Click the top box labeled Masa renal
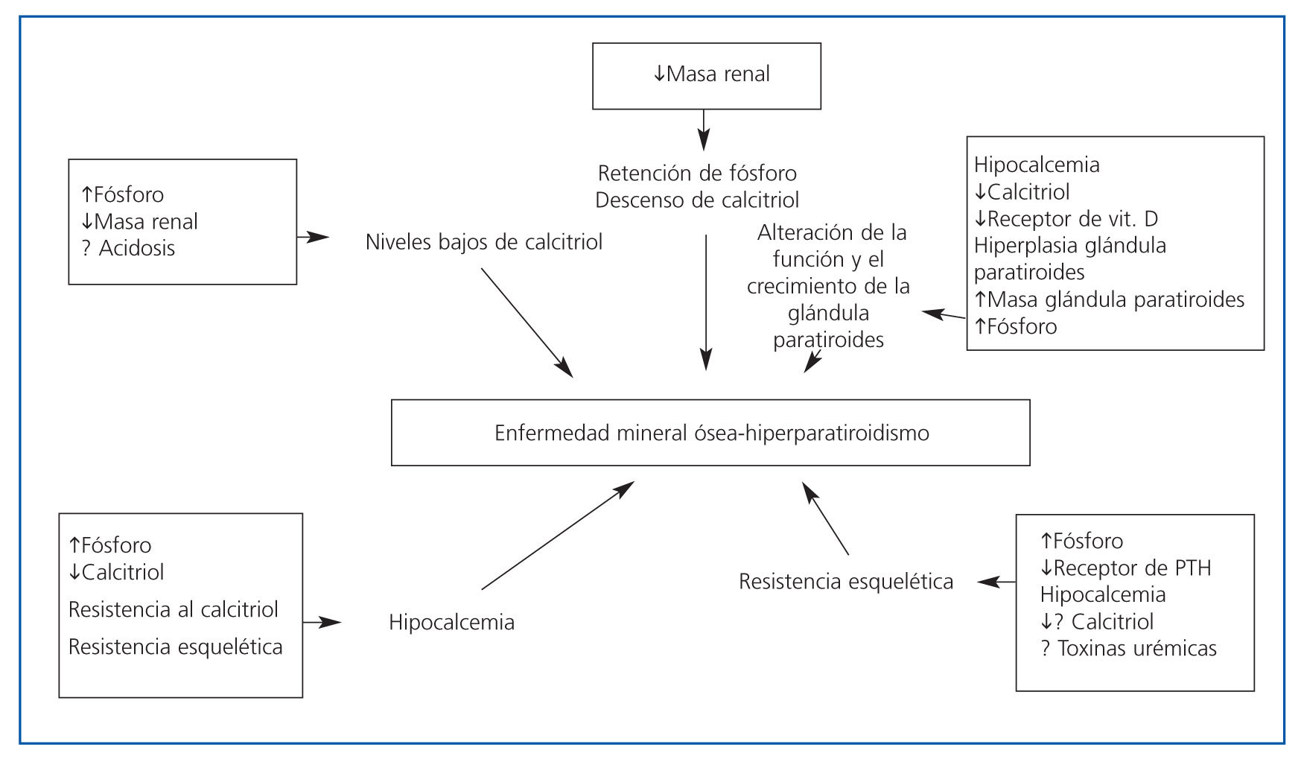coord(706,76)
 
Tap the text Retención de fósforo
coord(697,174)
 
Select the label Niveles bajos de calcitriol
coord(484,242)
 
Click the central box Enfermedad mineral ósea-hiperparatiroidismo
coord(710,433)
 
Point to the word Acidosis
coord(137,248)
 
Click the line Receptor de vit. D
coord(1072,219)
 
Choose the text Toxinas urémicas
coord(1136,649)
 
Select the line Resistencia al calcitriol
coord(174,609)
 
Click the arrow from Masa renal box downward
coord(704,130)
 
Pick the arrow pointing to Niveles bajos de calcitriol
coord(313,237)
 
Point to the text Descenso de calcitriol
coord(697,200)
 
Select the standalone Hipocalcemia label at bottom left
coord(451,623)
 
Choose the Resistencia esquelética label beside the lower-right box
coord(846,582)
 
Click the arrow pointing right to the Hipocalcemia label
coord(322,621)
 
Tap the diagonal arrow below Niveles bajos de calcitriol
coord(527,322)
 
